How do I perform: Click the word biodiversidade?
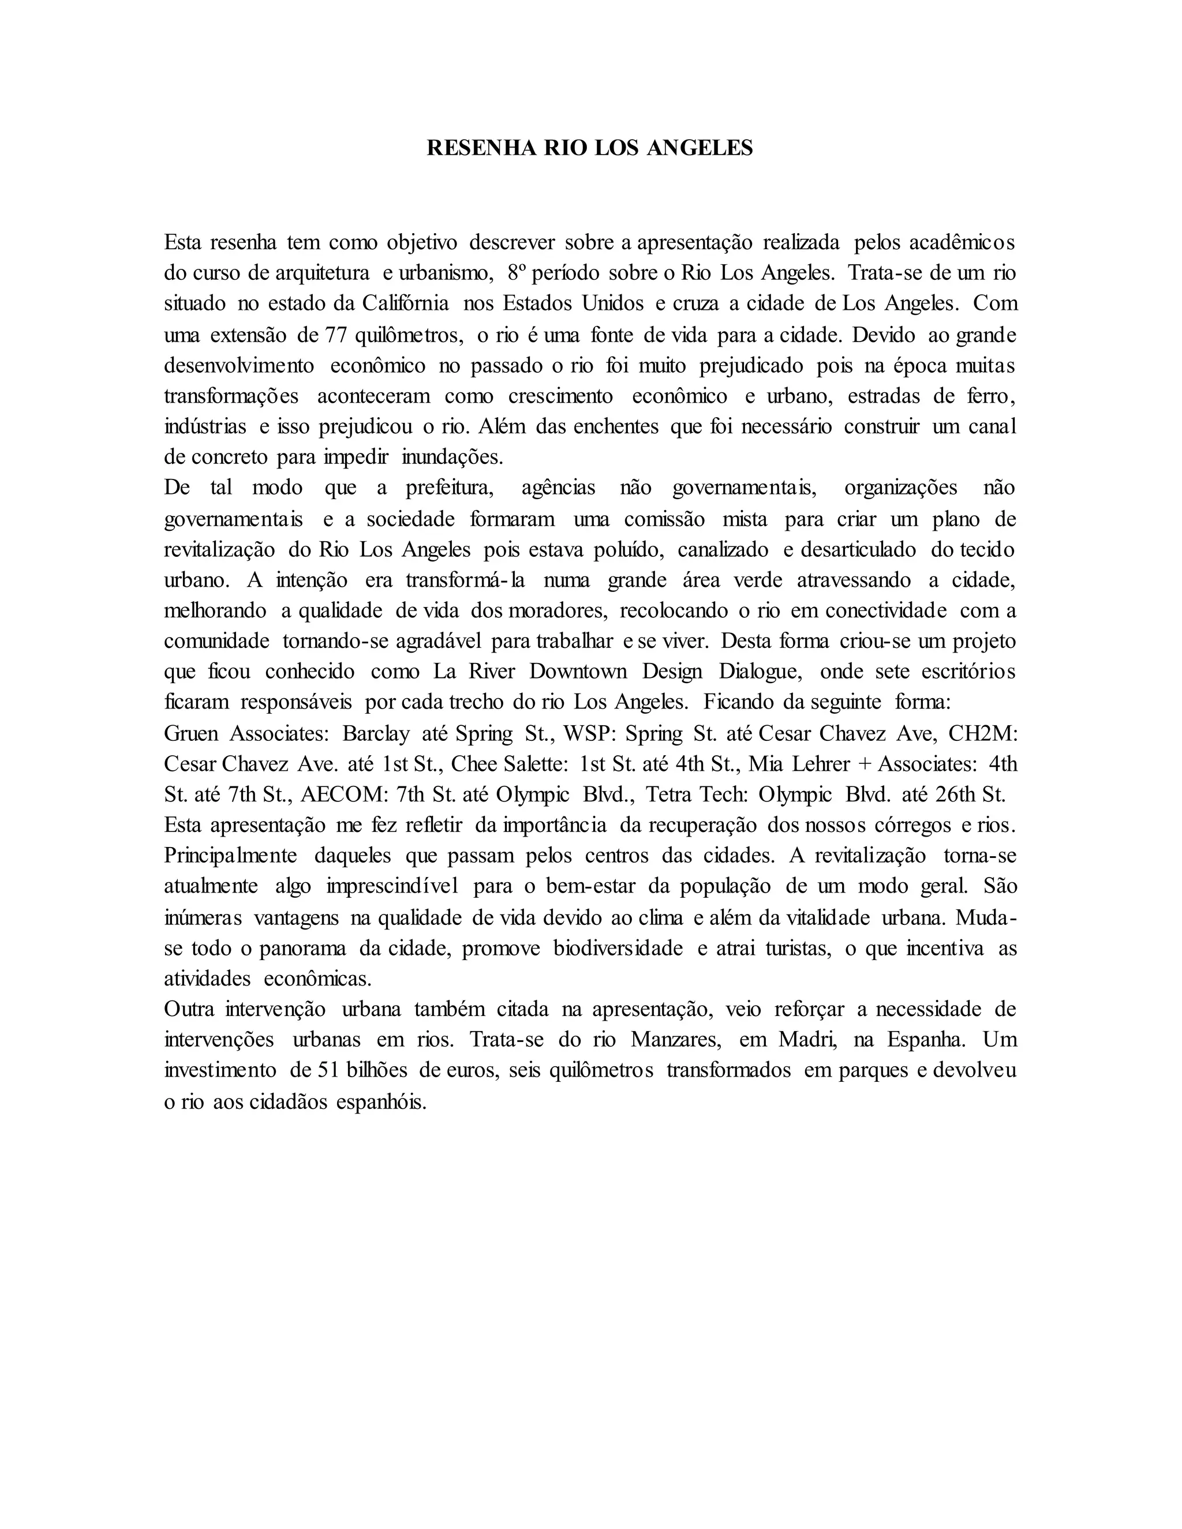coord(618,949)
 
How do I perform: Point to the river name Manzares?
coord(675,1040)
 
